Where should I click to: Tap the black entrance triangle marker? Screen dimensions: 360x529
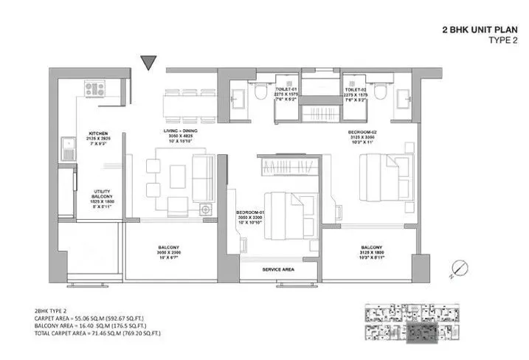point(150,63)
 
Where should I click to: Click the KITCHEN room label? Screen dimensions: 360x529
point(99,125)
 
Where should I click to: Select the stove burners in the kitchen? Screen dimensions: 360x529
point(94,89)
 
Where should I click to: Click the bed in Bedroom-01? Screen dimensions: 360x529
point(286,210)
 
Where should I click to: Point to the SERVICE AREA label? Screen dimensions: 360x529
point(278,270)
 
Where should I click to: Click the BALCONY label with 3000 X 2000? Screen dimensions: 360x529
point(169,248)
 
